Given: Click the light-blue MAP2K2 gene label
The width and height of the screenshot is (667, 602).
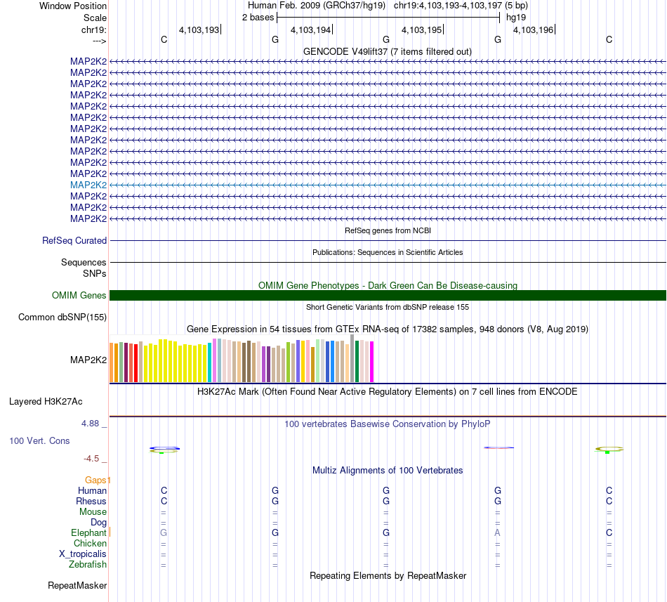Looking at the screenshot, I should [88, 185].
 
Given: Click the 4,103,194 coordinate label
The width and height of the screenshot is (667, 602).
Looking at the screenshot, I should [310, 30].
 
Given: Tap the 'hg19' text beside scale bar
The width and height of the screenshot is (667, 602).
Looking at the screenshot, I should [516, 17].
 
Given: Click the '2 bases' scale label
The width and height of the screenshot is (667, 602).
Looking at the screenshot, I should [258, 17].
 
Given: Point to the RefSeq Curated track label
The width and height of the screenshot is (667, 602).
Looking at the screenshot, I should [74, 240].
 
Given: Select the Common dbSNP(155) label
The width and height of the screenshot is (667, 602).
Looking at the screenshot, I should [62, 318].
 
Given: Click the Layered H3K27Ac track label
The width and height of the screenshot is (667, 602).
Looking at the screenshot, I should [46, 402].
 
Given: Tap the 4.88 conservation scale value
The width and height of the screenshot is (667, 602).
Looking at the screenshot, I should [92, 424].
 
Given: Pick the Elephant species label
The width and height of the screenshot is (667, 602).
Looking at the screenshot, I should [88, 533].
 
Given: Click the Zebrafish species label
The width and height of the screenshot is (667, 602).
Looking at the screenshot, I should [88, 565].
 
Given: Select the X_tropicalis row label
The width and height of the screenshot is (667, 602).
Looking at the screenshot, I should [83, 554].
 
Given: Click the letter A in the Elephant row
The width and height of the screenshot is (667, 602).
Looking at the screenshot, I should [498, 533].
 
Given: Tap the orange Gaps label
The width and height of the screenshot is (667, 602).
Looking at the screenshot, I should [98, 480].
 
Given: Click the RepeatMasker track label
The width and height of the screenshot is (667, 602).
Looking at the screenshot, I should [77, 585].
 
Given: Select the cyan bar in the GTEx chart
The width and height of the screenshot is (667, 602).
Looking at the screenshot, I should [210, 362].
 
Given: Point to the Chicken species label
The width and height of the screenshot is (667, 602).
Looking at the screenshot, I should [91, 544].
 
